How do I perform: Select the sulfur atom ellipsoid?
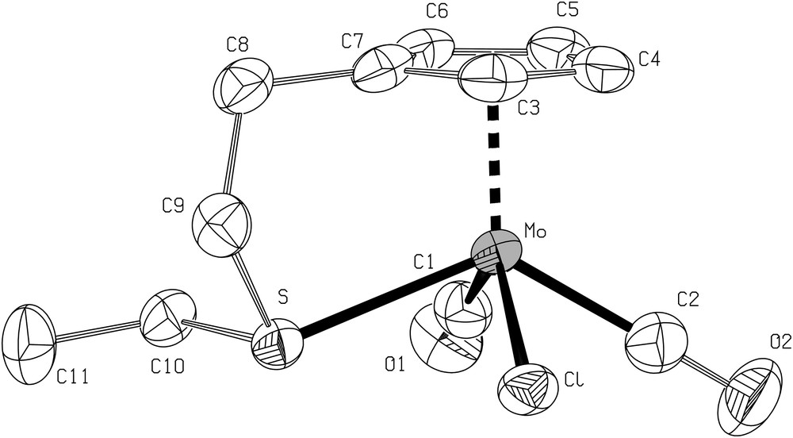coord(278,345)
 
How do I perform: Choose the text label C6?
coord(437,12)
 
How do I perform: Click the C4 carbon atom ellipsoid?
coord(604,68)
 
